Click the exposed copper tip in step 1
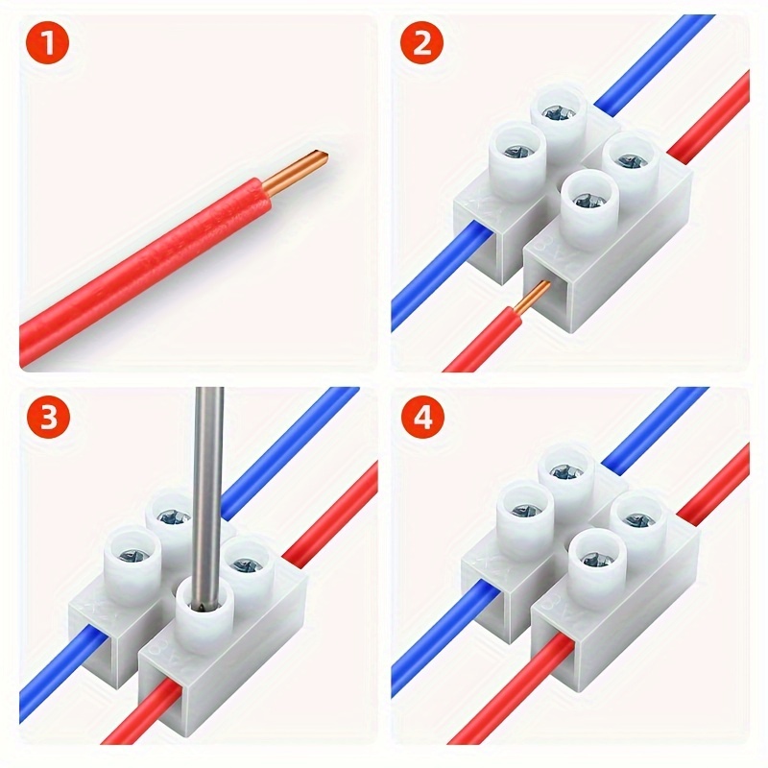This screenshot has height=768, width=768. tap(305, 166)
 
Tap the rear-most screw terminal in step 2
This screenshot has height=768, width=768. tap(559, 111)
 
